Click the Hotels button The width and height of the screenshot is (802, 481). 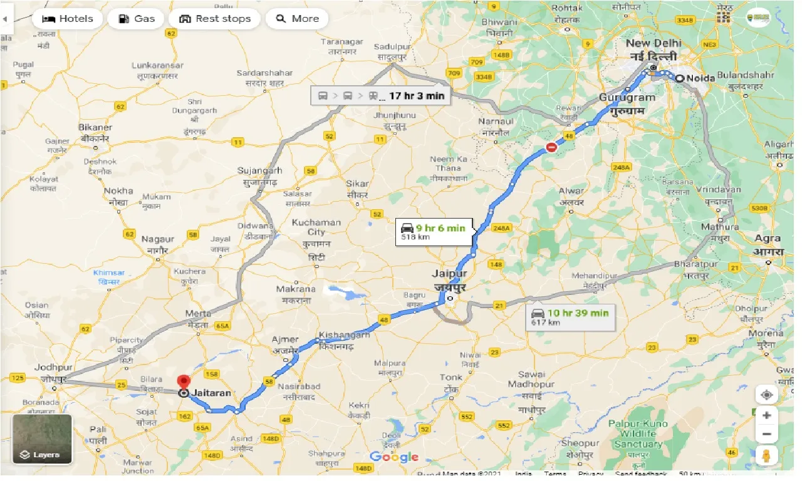pos(67,19)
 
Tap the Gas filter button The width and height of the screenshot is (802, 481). pos(135,19)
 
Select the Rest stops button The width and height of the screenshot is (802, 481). pos(214,19)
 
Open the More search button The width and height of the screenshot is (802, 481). pos(297,19)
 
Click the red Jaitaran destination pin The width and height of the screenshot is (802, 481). pos(184,382)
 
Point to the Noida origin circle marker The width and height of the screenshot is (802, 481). pos(679,78)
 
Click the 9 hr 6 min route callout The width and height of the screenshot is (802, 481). pos(435,232)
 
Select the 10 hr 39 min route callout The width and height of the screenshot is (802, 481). pos(570,317)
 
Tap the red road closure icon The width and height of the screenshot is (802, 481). pos(551,147)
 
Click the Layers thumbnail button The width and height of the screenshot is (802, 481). pos(43,439)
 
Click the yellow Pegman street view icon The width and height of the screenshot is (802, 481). pos(766,455)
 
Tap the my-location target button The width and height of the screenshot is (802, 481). pos(766,395)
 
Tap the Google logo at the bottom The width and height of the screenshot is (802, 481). pos(393,457)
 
